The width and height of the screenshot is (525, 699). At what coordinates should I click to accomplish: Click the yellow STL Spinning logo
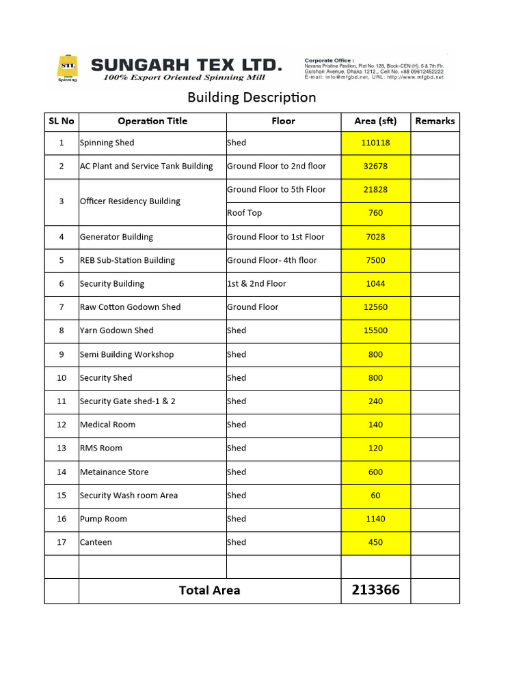tap(67, 67)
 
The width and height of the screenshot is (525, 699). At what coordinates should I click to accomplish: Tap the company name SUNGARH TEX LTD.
tap(186, 65)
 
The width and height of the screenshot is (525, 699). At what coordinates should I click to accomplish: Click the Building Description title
tap(252, 97)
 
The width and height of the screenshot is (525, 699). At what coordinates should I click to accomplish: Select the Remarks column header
tap(435, 121)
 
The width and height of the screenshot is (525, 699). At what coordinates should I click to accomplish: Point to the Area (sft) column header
tap(375, 121)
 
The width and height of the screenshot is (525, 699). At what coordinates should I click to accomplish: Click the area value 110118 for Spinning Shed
tap(375, 143)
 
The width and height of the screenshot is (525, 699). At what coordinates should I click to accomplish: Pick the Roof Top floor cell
tap(245, 213)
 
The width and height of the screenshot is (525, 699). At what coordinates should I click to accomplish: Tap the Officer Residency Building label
tap(130, 201)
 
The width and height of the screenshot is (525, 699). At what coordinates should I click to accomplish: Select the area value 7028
tap(375, 237)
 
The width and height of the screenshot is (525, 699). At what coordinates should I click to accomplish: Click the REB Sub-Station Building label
tap(127, 260)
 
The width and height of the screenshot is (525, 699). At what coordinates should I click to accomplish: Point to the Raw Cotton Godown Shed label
tap(130, 307)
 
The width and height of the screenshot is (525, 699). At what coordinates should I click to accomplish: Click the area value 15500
tap(375, 330)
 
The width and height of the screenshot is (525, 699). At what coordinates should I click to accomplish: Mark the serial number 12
tap(62, 425)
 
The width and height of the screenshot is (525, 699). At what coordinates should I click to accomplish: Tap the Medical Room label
tap(107, 425)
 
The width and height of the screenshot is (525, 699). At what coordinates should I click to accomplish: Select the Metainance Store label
tap(113, 472)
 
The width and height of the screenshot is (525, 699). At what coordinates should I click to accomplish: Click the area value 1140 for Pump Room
tap(375, 519)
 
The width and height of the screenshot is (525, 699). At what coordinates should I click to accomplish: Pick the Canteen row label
tap(96, 542)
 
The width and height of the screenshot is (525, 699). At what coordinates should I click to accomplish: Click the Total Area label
tap(209, 590)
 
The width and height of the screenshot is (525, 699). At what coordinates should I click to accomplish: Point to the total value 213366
tap(375, 590)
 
